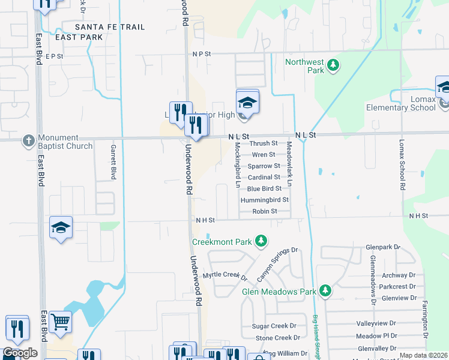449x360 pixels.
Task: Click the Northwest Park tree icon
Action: click(334, 65)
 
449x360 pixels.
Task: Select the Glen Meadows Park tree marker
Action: click(325, 291)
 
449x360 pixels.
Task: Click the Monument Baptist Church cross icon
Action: click(28, 141)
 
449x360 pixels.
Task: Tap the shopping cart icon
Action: click(60, 322)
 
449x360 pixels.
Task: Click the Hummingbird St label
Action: click(265, 200)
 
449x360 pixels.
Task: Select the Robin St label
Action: click(265, 211)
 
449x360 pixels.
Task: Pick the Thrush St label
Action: click(264, 143)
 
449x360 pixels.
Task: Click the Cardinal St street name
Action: click(264, 177)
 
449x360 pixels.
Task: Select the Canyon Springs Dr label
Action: click(277, 265)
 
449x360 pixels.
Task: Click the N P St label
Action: click(202, 54)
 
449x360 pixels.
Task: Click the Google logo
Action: click(20, 353)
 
